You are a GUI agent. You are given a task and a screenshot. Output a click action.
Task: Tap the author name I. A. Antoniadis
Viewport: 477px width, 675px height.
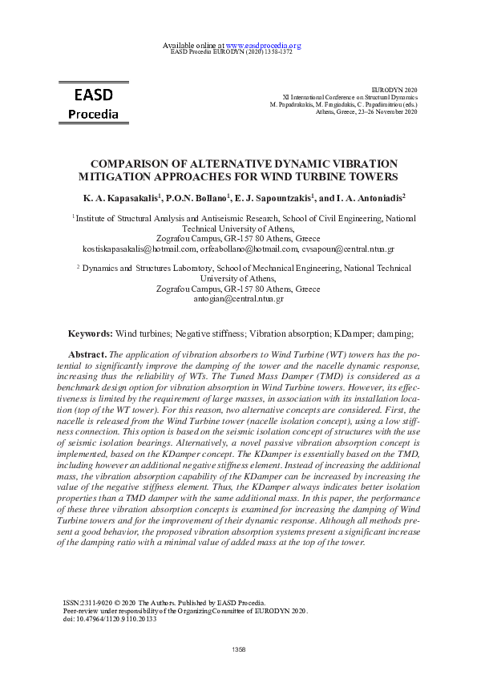point(366,196)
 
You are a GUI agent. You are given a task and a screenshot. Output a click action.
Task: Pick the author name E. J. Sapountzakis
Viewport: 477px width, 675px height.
point(273,196)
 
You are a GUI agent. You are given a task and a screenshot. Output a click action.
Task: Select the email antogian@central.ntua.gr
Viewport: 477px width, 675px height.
point(238,299)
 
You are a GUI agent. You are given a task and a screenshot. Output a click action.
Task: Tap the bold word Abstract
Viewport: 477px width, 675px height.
point(87,354)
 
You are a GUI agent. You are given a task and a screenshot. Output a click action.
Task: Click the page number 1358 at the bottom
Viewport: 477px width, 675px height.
point(238,649)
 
